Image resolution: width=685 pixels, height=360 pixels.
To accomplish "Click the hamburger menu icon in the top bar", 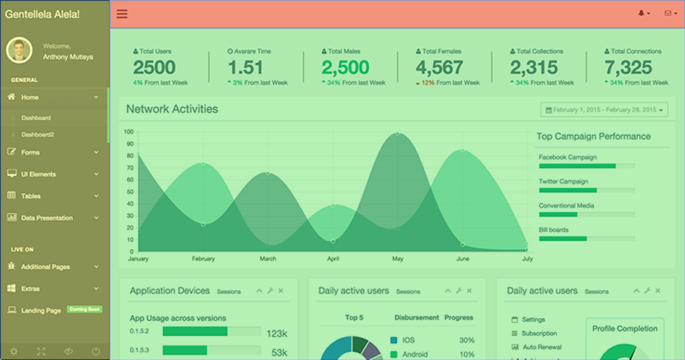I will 122,14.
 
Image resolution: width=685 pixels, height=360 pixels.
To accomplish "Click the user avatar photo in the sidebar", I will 19,50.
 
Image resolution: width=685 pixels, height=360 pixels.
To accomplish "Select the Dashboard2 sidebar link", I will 37,134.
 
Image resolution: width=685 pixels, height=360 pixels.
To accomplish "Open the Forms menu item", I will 31,152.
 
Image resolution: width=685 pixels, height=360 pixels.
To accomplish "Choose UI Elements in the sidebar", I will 38,174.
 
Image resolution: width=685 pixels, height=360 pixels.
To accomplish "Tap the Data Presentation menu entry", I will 47,218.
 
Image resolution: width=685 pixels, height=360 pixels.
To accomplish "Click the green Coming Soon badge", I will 85,310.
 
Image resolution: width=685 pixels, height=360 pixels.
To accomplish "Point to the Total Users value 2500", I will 154,67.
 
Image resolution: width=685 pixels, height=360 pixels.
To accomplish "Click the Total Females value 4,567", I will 439,67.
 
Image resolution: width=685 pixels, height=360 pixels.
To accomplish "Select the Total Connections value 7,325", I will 628,67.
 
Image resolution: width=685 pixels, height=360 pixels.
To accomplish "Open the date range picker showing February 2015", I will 604,110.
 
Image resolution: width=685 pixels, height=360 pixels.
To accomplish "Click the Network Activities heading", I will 172,109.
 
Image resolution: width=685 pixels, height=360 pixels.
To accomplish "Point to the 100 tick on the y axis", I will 129,132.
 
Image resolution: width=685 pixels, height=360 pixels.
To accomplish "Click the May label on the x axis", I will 398,258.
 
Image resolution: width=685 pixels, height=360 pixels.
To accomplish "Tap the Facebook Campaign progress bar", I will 586,166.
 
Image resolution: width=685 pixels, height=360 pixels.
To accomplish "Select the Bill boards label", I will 554,230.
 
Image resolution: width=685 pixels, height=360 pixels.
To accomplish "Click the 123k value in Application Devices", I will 277,334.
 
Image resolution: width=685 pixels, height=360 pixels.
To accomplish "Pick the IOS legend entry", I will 408,340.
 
